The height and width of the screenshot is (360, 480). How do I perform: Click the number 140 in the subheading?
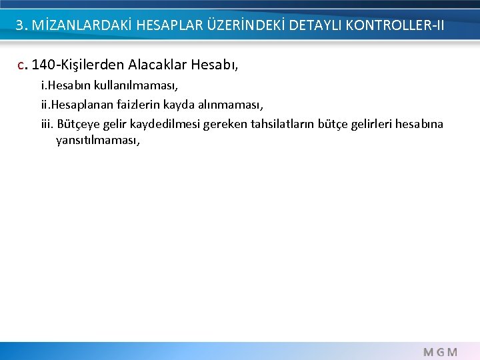(x=43, y=65)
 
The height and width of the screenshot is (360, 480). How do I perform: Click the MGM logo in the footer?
(x=441, y=351)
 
